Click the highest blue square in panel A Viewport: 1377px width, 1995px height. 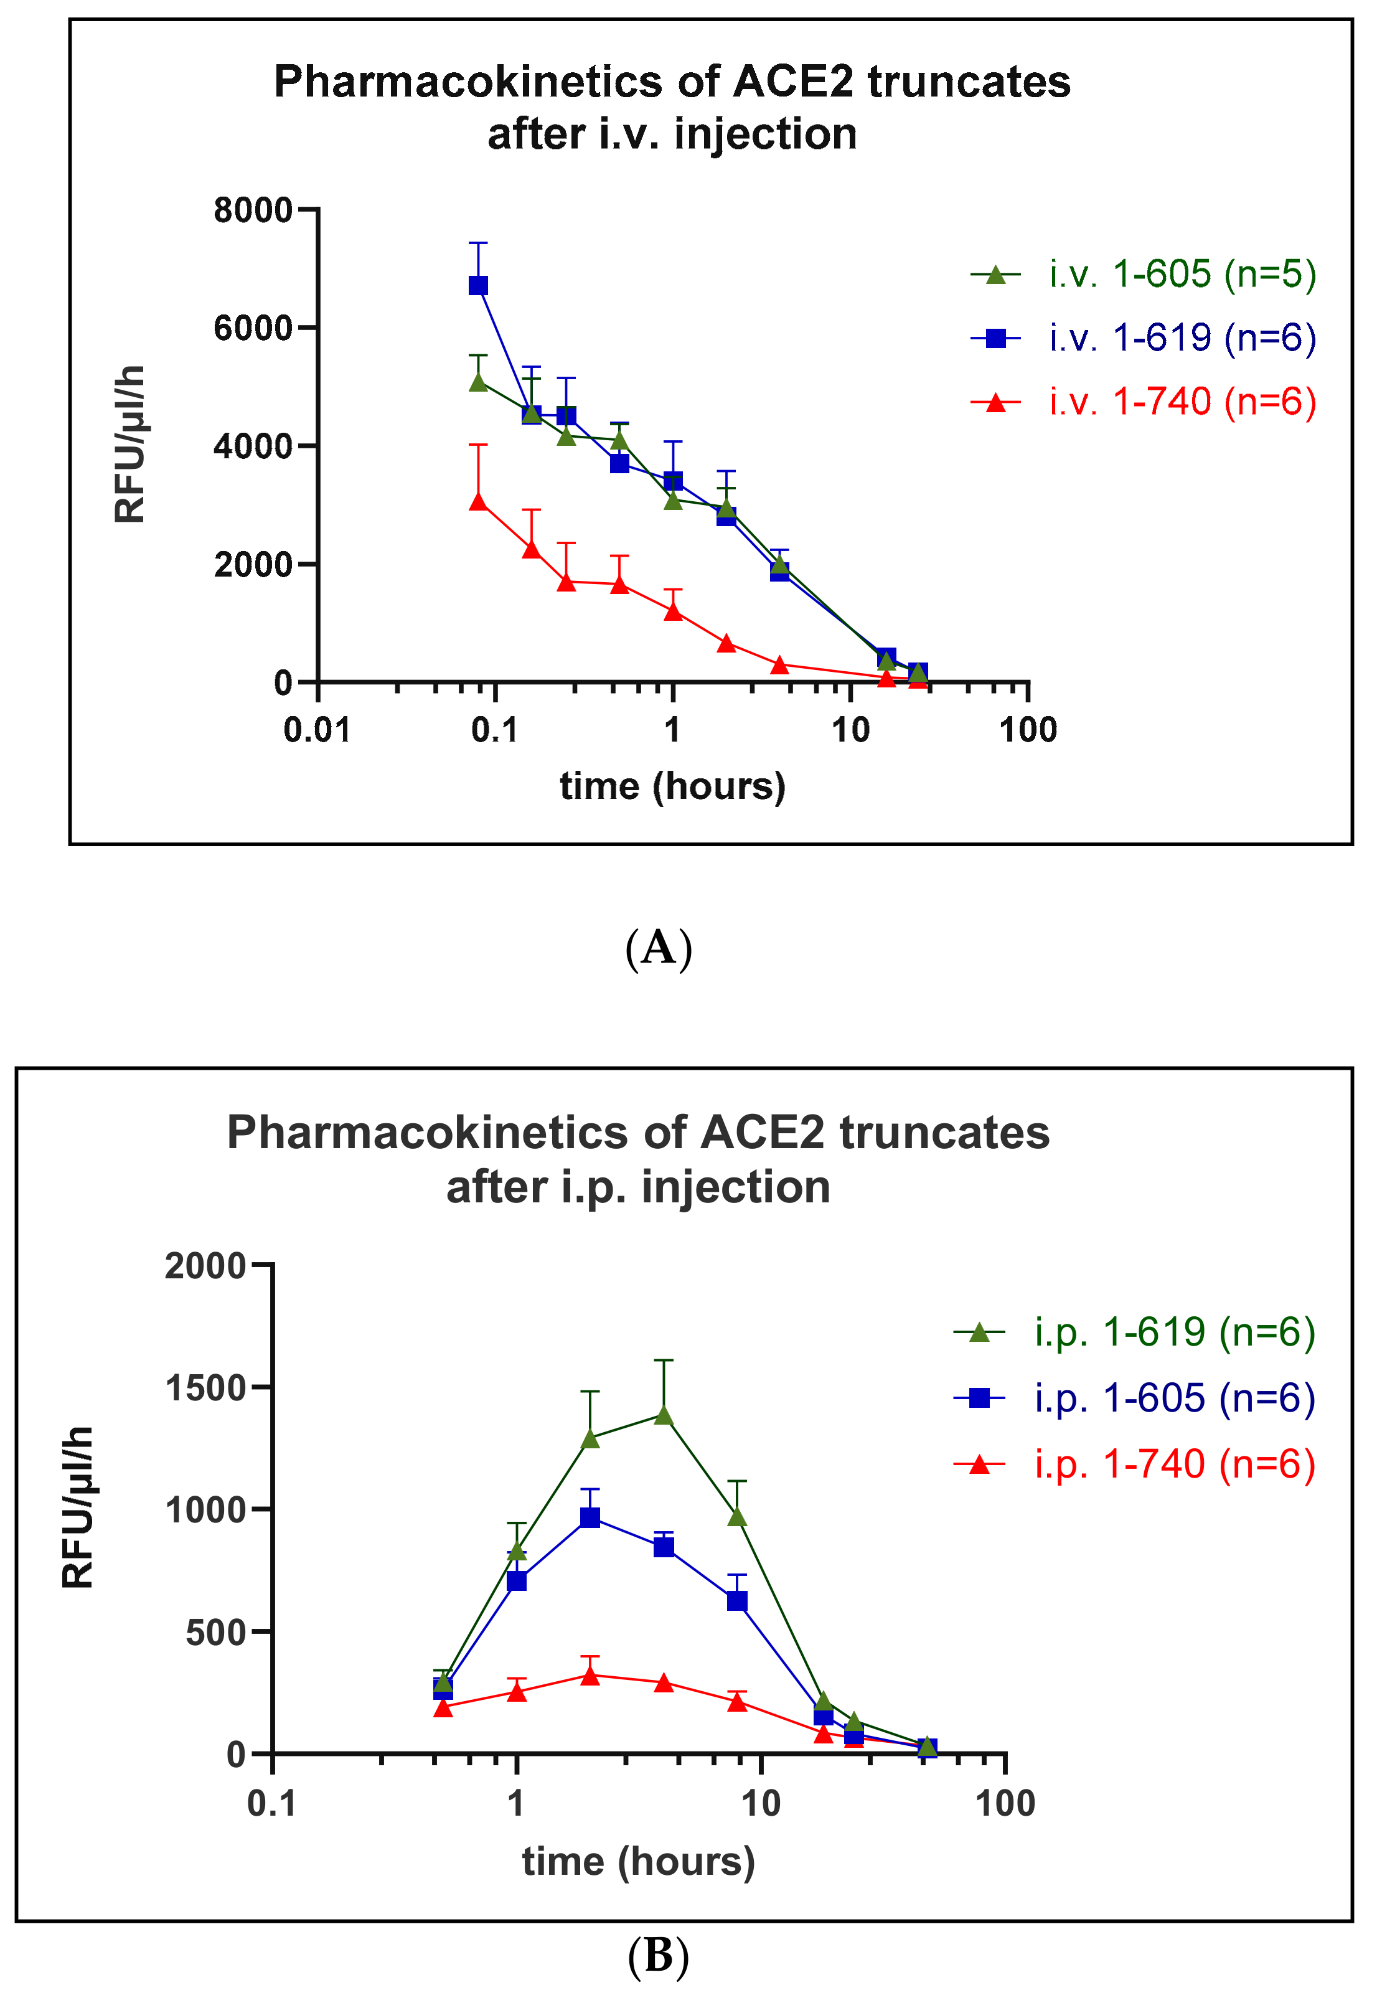tap(478, 285)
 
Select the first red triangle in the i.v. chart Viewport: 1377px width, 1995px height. tap(478, 501)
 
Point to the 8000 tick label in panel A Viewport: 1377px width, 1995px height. tap(253, 210)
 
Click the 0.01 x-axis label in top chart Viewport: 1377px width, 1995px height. tap(317, 731)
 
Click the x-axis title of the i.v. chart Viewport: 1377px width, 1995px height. tap(672, 786)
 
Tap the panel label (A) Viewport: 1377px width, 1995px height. tap(658, 948)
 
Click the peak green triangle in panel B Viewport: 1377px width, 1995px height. tap(664, 1415)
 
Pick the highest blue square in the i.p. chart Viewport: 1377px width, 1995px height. tap(590, 1517)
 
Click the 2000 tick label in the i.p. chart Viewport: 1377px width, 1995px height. tap(205, 1266)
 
